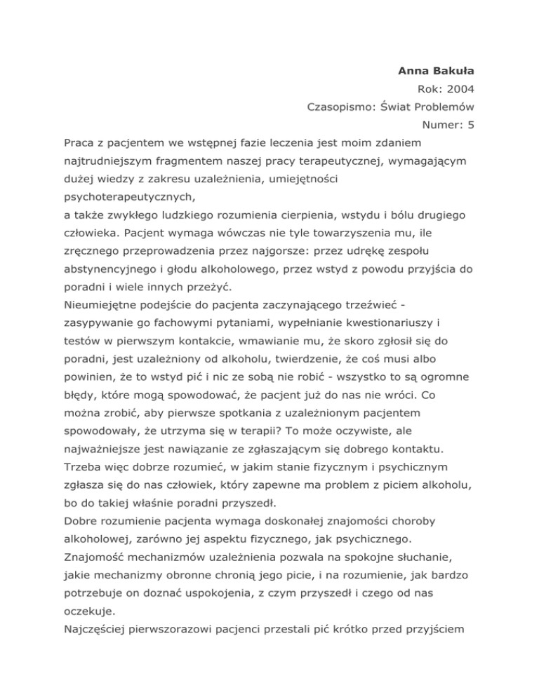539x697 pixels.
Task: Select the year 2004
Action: (x=462, y=89)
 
